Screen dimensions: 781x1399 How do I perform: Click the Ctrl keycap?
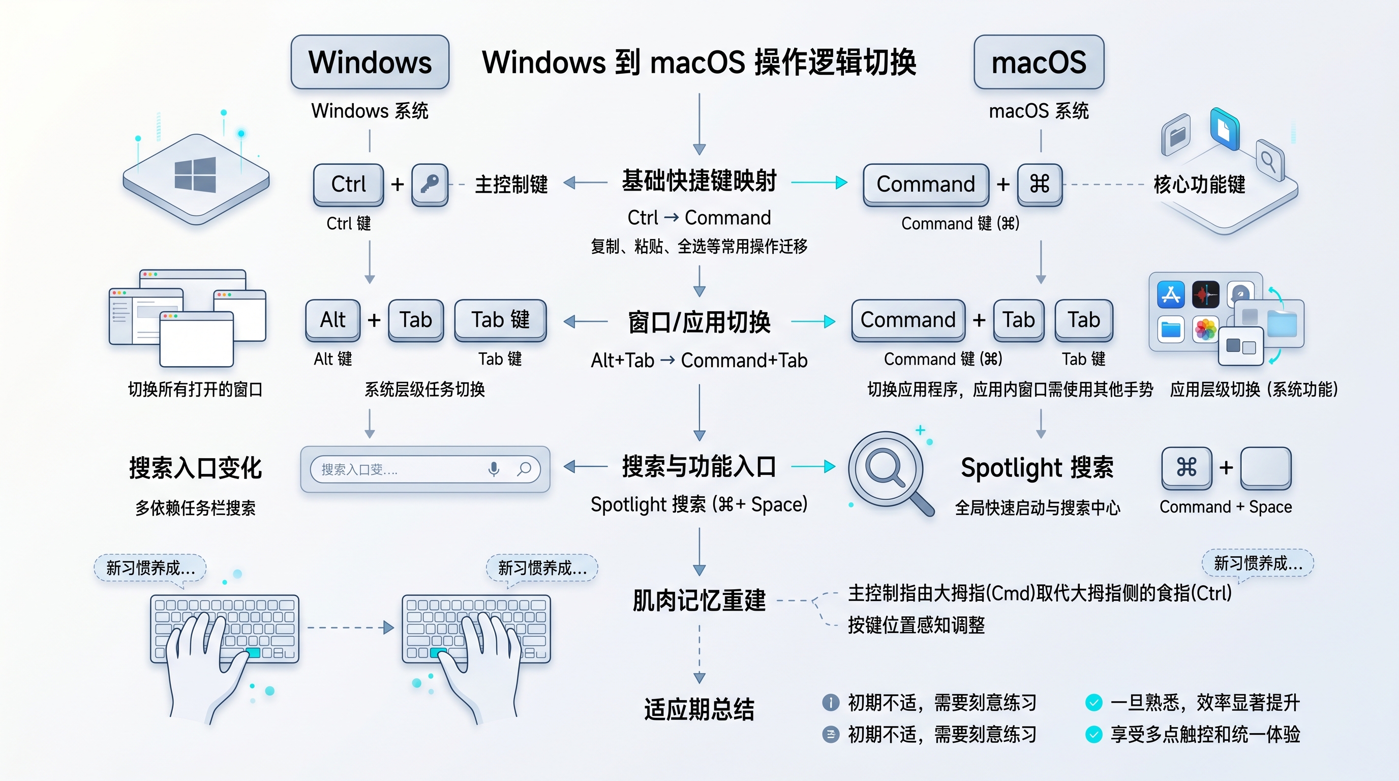[348, 184]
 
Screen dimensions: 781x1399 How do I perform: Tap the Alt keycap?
[332, 320]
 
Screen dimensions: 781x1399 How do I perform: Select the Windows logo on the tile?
[196, 175]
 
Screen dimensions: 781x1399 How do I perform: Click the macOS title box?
[1039, 62]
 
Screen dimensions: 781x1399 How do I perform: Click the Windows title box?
[370, 62]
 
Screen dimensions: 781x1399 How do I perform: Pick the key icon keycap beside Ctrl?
[430, 184]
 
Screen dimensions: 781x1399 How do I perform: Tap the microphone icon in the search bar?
[494, 469]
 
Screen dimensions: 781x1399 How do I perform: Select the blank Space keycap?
[1265, 467]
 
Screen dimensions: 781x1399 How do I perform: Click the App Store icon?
[1171, 295]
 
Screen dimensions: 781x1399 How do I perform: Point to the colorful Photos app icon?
[1205, 329]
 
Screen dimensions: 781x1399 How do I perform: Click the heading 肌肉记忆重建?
[699, 600]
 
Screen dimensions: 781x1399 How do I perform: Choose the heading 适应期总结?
[699, 709]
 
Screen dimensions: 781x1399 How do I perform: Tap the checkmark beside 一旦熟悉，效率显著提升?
[1093, 703]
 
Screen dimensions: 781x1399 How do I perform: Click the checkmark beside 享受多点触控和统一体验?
[1093, 734]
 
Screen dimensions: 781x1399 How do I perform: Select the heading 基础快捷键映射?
[699, 182]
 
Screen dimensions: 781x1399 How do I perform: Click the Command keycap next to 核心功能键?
[925, 184]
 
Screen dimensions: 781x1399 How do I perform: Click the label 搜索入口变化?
[196, 468]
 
